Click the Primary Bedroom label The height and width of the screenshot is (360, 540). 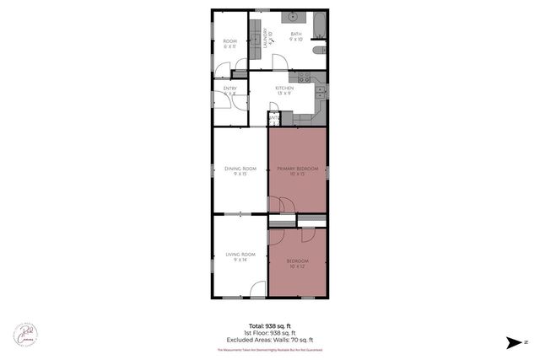point(297,169)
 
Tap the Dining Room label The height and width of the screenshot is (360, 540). point(240,169)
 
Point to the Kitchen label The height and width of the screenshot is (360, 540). point(283,88)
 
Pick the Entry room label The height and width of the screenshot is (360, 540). point(230,88)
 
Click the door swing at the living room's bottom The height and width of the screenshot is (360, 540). point(255,292)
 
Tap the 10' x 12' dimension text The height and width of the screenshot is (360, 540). point(297,267)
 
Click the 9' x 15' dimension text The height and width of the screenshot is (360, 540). point(240,174)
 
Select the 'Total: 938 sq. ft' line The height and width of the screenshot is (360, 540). point(270,325)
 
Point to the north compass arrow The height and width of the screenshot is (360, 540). point(513,342)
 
